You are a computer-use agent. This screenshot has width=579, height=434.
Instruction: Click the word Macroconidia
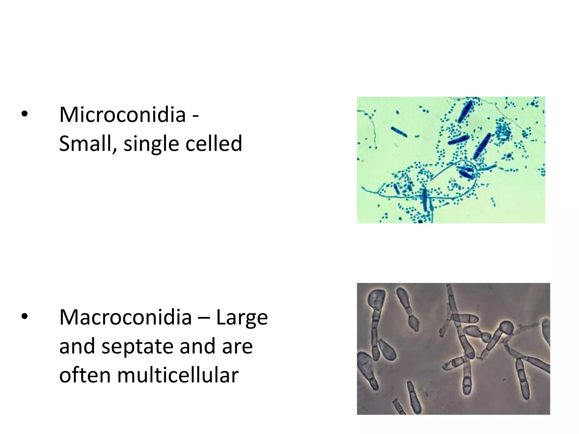click(126, 318)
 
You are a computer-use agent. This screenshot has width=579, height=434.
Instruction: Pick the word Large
click(242, 318)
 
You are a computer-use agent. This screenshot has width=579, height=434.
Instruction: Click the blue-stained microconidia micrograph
click(451, 160)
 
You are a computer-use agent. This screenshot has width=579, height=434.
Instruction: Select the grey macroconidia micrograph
click(453, 349)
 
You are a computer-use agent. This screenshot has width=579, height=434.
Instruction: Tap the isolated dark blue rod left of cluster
click(399, 132)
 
